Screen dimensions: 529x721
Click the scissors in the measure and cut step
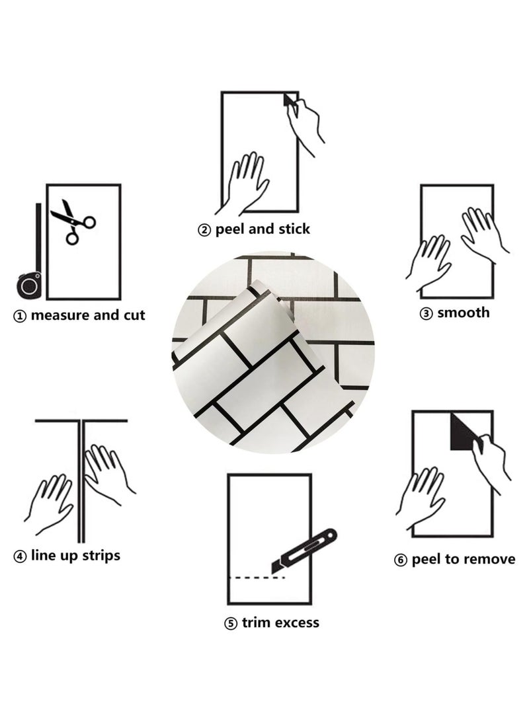pos(72,222)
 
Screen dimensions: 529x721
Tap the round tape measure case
pos(29,285)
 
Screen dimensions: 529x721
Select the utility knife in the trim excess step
pos(304,550)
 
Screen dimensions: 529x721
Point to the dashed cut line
pos(257,578)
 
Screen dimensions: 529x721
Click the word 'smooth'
pos(464,313)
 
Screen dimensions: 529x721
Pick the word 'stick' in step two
pos(294,229)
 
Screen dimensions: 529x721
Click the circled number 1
pos(20,317)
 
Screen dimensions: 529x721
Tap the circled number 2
pos(204,230)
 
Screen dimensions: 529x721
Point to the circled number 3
pos(426,314)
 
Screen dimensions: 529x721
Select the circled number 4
pos(20,557)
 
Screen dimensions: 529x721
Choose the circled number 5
pos(231,624)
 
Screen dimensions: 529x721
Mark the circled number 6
pos(401,560)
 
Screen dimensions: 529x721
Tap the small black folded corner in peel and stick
pos(288,100)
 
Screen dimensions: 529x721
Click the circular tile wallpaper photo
pos(273,352)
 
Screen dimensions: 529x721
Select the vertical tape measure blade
pos(38,238)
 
